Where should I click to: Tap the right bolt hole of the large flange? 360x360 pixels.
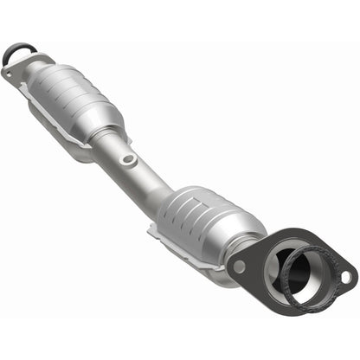click(344, 279)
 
